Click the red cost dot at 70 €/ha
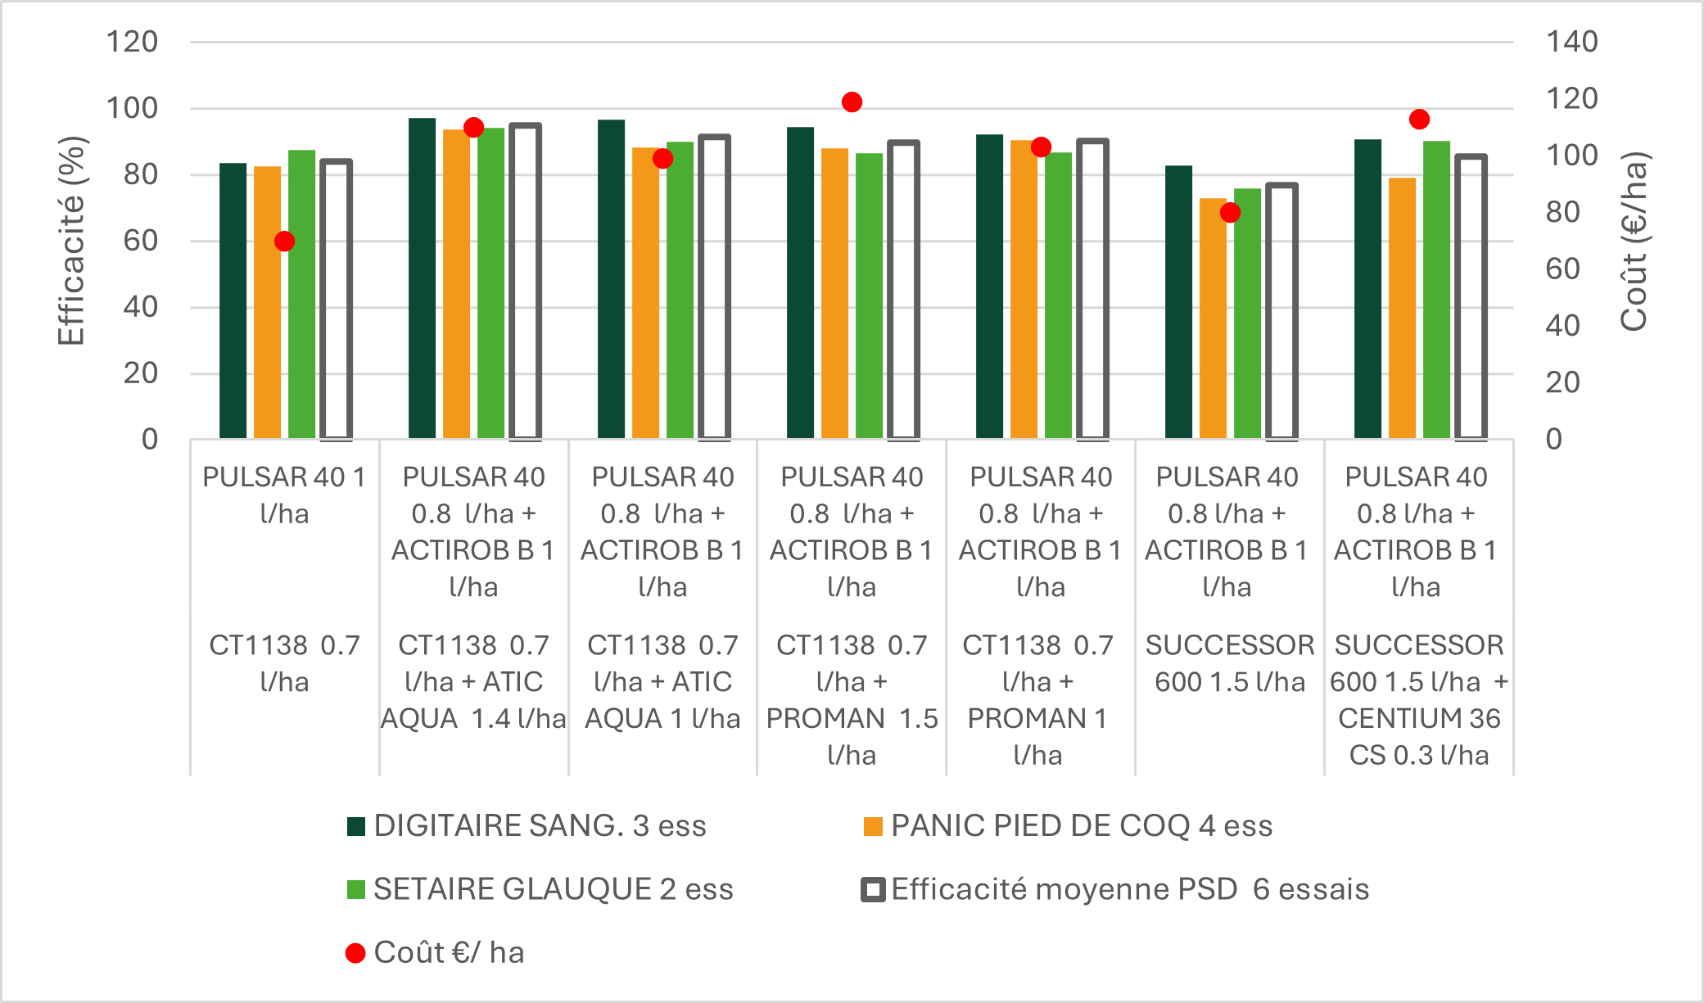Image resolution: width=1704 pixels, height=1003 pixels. pos(284,242)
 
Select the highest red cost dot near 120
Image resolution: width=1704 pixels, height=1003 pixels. pos(852,102)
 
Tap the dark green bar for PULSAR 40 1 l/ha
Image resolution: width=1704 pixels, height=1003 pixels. pos(233,300)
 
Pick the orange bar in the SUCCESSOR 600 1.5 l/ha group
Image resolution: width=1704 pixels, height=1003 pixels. pos(1213,319)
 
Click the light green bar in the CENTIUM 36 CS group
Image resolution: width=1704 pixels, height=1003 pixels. pos(1436,290)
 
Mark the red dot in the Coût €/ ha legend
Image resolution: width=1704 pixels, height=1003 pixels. pos(355,953)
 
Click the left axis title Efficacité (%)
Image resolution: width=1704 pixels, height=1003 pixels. pos(71,241)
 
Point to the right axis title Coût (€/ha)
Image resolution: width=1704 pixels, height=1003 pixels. pos(1634,241)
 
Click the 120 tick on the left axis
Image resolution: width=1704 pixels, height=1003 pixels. pos(132,42)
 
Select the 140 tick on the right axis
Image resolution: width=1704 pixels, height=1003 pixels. pos(1571,42)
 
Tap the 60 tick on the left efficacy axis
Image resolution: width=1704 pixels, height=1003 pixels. pos(140,241)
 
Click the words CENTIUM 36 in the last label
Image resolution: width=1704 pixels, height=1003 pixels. pos(1418,718)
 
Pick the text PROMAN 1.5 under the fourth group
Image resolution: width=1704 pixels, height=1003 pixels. pos(852,718)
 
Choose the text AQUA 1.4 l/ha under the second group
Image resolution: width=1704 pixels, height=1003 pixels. pos(473,718)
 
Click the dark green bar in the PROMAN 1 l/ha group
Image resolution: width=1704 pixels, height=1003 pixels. pos(989,287)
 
